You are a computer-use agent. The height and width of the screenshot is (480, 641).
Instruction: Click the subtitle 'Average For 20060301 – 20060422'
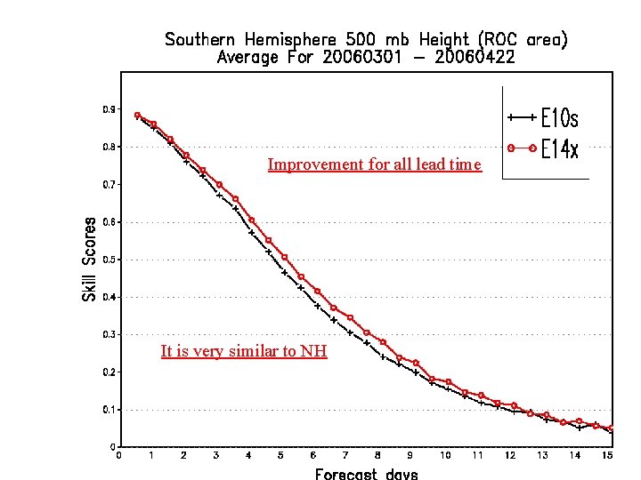click(x=366, y=58)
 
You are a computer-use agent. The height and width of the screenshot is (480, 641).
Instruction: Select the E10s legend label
click(x=561, y=118)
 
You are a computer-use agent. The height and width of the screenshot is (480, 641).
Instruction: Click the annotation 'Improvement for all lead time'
click(x=374, y=164)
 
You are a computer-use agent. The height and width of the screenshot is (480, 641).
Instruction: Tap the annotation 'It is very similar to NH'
click(x=244, y=351)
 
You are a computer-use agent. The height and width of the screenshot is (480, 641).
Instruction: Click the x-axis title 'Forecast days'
click(x=366, y=473)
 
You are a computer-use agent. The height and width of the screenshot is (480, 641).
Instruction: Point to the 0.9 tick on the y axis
click(x=108, y=109)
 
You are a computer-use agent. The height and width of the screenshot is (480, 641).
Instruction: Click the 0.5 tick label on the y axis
click(x=108, y=260)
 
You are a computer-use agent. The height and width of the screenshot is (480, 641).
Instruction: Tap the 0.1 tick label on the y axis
click(x=108, y=410)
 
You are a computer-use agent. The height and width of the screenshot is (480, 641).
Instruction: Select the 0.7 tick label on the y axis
click(x=108, y=184)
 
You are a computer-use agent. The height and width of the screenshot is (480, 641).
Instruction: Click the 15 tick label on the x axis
click(x=607, y=455)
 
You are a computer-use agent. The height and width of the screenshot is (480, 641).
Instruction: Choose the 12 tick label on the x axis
click(x=510, y=455)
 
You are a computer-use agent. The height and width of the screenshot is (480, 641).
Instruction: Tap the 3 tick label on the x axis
click(x=216, y=455)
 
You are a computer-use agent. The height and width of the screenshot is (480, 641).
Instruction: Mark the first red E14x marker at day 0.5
click(x=137, y=116)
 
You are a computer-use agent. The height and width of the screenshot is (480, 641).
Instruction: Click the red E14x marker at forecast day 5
click(x=284, y=257)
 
